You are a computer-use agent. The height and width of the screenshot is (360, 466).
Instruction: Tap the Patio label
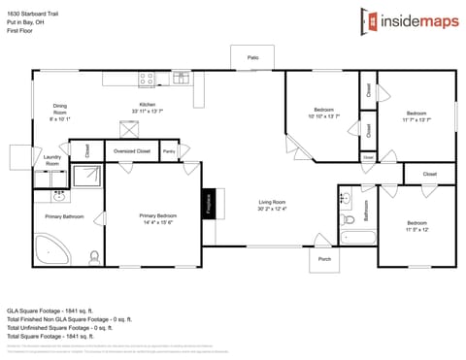(x=252, y=59)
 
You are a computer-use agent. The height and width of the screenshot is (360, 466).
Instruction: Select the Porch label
(x=324, y=259)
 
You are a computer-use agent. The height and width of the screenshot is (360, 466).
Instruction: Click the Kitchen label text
(x=148, y=107)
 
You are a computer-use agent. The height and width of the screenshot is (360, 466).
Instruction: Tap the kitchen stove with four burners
(x=147, y=77)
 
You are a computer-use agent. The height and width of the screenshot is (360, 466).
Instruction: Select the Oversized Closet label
(x=131, y=151)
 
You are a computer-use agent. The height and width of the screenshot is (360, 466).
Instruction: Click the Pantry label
(x=169, y=151)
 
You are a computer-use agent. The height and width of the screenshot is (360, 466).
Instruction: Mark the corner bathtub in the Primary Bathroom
(x=50, y=248)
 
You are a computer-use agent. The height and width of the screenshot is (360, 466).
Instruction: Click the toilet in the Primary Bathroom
(x=93, y=257)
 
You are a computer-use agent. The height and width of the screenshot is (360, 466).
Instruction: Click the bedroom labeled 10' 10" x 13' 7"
(x=323, y=113)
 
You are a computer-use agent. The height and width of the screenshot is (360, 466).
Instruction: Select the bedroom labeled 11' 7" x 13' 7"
(x=416, y=115)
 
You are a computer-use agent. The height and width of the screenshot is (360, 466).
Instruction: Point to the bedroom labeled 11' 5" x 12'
(x=416, y=226)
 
